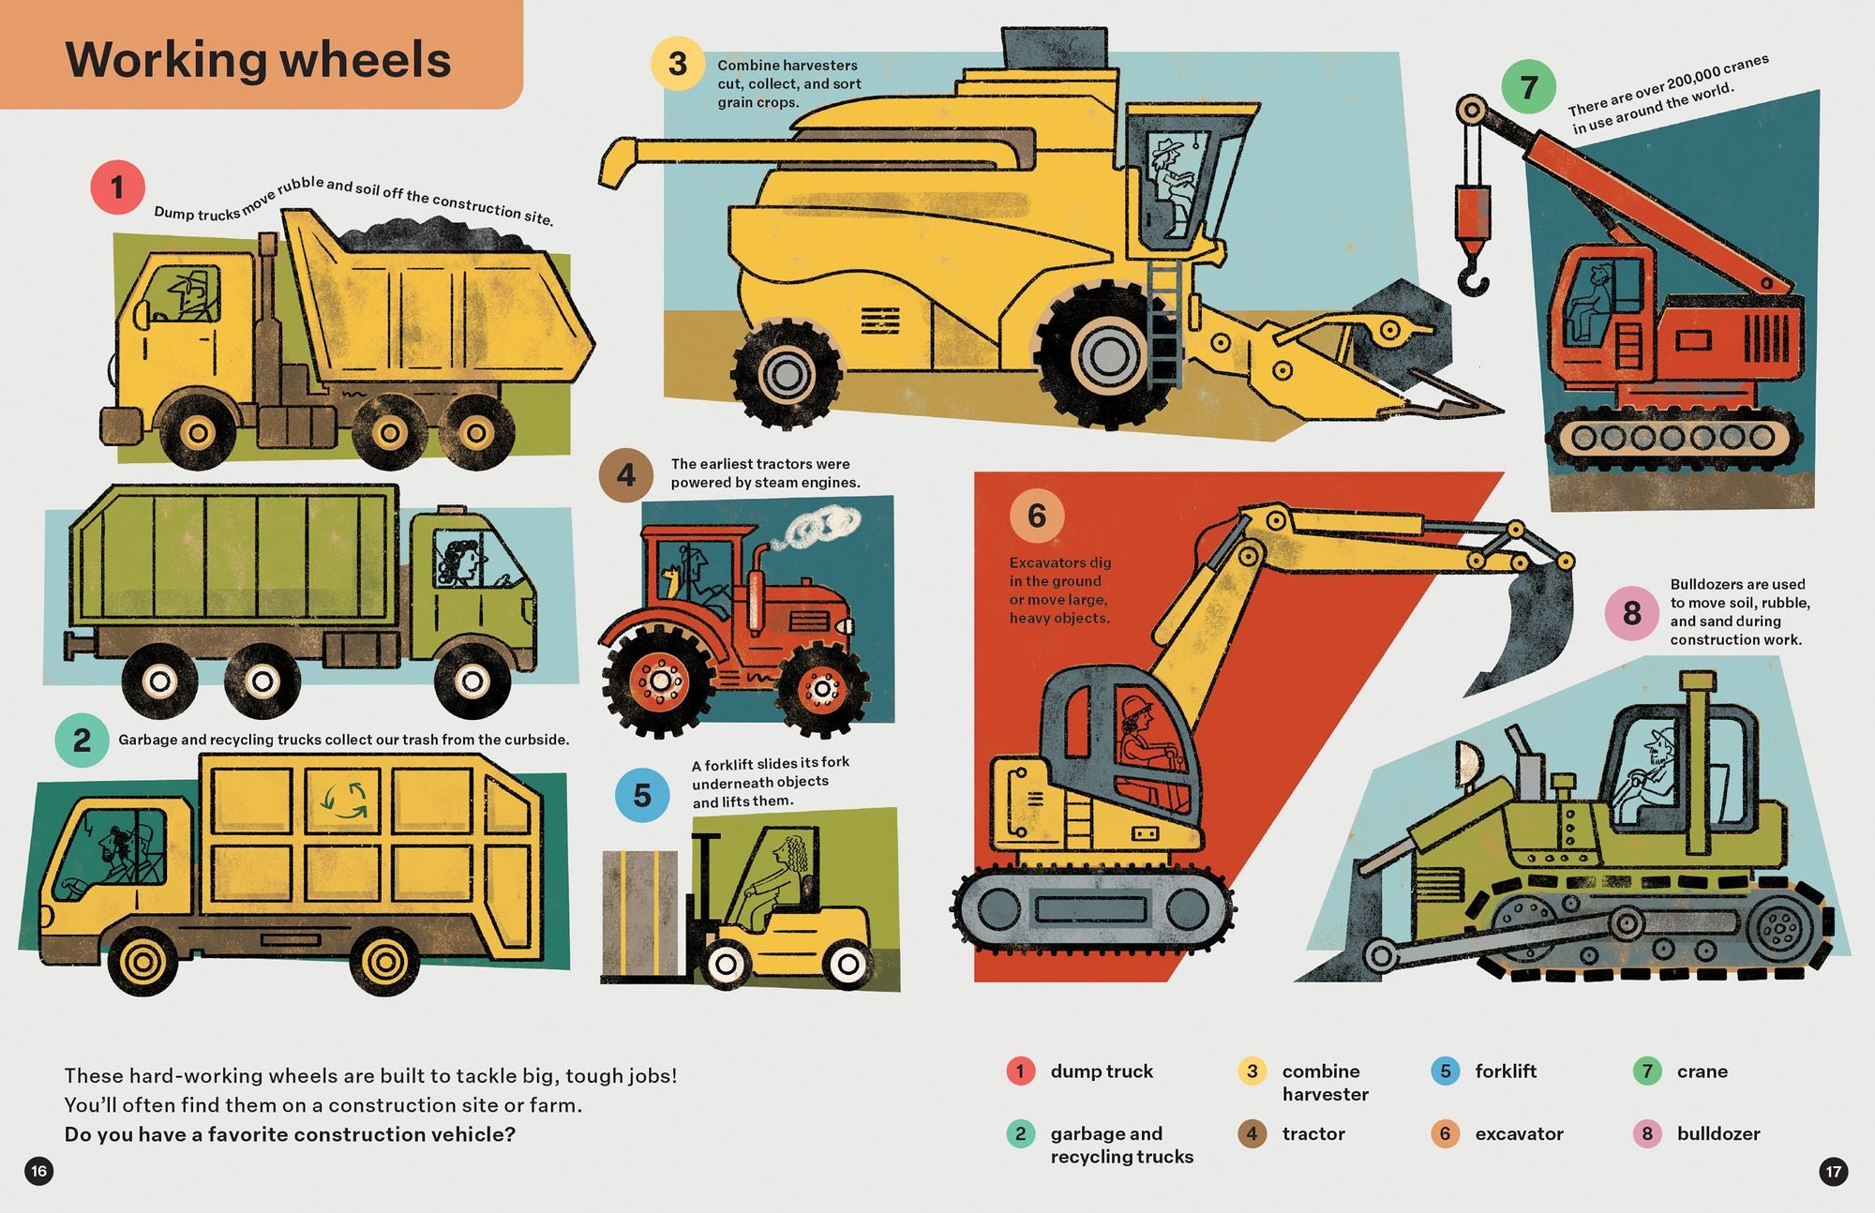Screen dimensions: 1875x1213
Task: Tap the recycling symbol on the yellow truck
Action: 345,799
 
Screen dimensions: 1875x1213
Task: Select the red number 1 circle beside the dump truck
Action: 117,187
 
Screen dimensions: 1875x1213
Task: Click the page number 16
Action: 38,1171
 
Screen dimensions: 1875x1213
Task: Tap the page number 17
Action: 1833,1171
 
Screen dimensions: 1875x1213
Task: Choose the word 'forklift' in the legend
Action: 1506,1071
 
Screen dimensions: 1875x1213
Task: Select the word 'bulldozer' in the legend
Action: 1718,1133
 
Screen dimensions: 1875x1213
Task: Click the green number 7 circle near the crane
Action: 1528,86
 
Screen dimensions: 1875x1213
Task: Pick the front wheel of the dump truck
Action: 198,432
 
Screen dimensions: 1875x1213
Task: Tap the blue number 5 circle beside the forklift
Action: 642,795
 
